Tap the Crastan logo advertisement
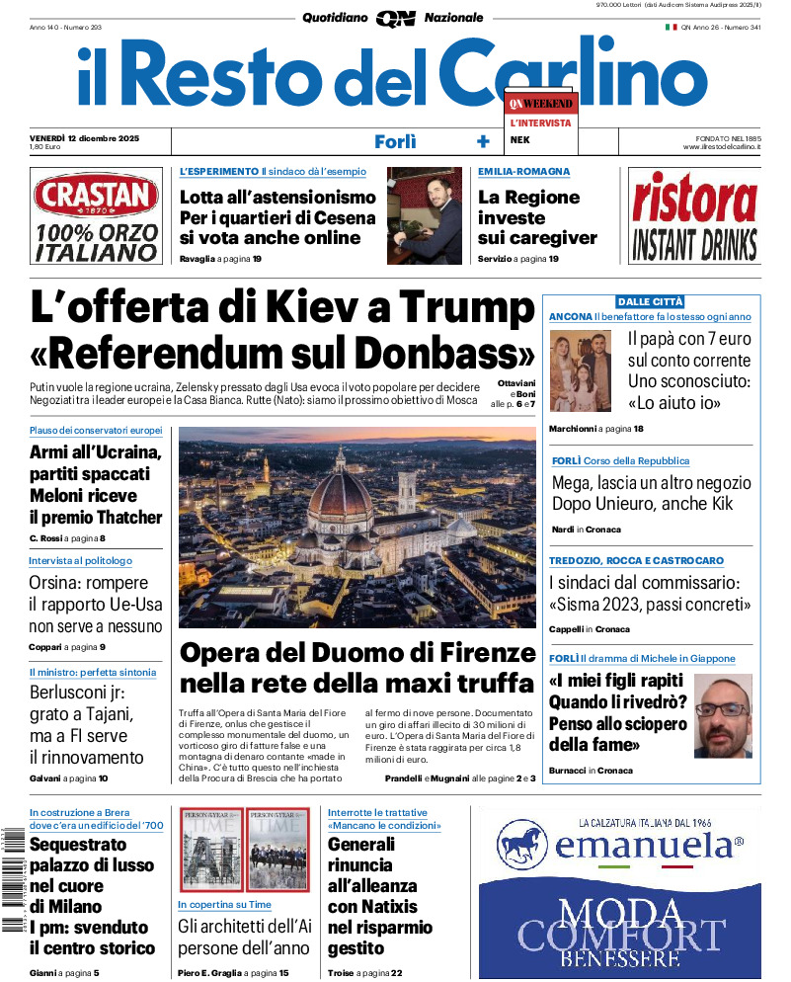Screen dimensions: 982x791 pos(96,216)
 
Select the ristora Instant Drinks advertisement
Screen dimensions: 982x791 pos(694,216)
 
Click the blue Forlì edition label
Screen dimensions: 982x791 pos(395,141)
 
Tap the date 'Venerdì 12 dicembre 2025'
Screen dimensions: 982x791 pos(85,137)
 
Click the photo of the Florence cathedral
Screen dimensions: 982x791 pos(356,527)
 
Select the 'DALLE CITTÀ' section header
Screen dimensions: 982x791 pos(650,301)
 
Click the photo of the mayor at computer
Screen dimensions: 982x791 pos(425,215)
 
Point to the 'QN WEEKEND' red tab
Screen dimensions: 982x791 pos(540,103)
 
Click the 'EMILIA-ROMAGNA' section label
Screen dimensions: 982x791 pos(523,172)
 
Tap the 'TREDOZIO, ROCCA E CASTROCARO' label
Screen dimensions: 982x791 pos(636,561)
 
